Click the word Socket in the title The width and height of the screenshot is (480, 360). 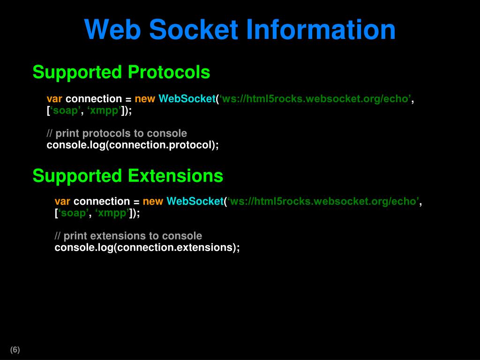194,30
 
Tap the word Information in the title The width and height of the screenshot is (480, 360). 321,30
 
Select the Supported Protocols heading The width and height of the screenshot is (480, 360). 121,72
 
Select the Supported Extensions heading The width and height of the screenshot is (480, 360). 127,176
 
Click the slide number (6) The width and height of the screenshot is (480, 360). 15,350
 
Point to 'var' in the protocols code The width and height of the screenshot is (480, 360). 54,99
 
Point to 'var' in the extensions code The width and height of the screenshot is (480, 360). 62,202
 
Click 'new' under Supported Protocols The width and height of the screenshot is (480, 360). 145,99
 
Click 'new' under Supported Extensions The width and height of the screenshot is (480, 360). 153,202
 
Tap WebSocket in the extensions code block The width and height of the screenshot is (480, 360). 195,202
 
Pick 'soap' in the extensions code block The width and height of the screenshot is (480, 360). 73,213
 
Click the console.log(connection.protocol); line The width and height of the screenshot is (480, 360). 133,145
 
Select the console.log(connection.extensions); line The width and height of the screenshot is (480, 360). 147,247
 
